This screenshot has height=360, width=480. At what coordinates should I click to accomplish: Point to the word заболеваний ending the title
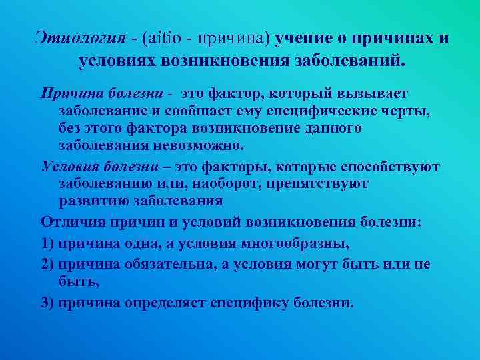click(x=347, y=61)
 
